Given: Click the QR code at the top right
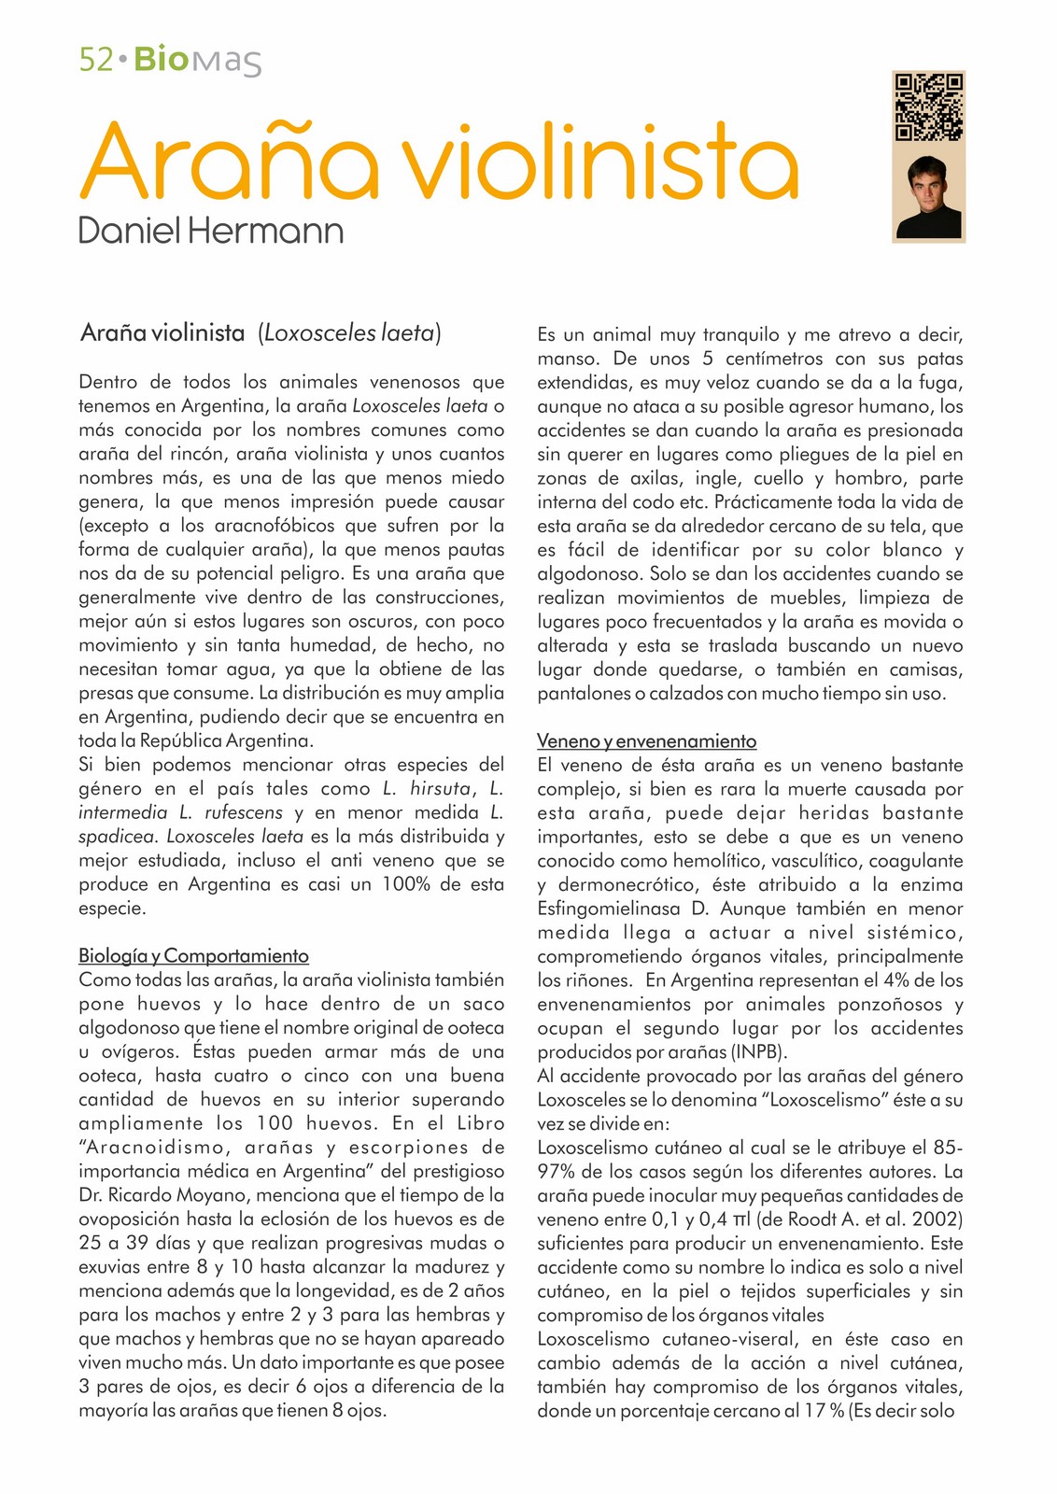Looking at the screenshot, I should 928,106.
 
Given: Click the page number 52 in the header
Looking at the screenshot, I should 96,61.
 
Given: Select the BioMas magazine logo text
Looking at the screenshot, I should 197,61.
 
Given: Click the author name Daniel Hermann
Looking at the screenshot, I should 211,231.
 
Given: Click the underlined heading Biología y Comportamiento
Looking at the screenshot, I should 193,956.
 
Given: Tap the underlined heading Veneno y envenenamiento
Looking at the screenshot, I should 646,741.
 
